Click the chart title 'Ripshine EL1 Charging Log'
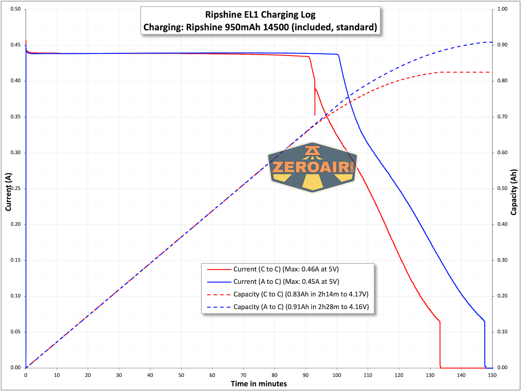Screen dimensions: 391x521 [x=260, y=14]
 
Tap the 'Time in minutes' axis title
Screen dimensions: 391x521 [x=259, y=384]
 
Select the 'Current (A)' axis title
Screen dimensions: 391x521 [x=8, y=192]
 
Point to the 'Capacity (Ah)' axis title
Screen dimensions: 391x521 [x=513, y=192]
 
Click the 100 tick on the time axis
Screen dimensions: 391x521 [x=337, y=375]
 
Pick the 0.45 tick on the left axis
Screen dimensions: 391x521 [x=16, y=45]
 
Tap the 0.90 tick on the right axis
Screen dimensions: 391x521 [x=502, y=45]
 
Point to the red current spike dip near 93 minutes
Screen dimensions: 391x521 [x=315, y=104]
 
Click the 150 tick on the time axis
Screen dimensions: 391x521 [x=492, y=375]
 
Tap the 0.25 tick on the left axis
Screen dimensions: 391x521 [x=16, y=189]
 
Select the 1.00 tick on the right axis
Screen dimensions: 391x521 [x=502, y=9]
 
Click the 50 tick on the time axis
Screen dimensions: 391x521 [x=181, y=375]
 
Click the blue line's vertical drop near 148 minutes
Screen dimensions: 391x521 [x=485, y=344]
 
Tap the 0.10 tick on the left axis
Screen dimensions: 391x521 [x=16, y=296]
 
